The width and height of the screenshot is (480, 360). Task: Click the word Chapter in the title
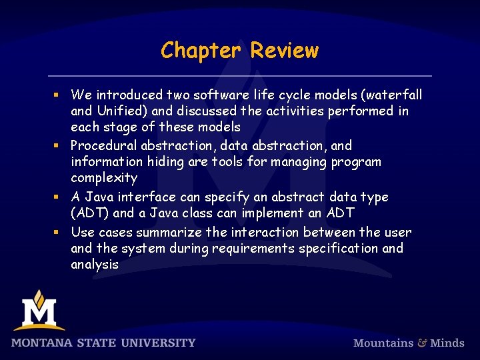tap(202, 51)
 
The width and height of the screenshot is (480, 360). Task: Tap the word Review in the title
tap(285, 51)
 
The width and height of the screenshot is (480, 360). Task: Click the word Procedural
tap(102, 145)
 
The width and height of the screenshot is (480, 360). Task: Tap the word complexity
tap(104, 178)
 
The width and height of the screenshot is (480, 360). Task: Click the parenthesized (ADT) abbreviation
tap(91, 213)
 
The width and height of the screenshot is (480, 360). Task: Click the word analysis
tap(95, 265)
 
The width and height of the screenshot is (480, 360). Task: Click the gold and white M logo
tap(39, 311)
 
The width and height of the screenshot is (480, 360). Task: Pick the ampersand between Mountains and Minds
tap(422, 343)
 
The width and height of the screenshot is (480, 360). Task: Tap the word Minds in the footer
tap(447, 343)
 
